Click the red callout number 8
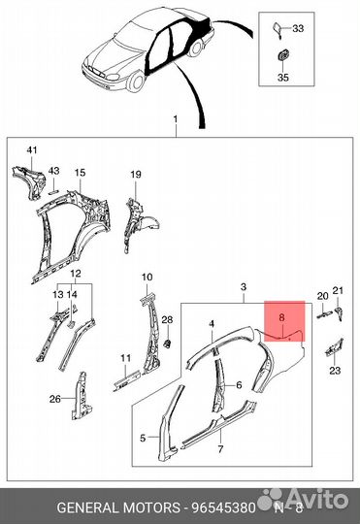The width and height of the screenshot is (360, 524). pyautogui.click(x=281, y=316)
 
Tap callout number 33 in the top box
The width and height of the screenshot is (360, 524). pyautogui.click(x=298, y=28)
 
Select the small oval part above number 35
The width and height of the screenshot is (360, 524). pyautogui.click(x=283, y=56)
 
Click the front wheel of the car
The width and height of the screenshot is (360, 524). pyautogui.click(x=137, y=82)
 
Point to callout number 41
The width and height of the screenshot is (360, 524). pyautogui.click(x=32, y=150)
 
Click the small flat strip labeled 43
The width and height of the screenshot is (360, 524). pyautogui.click(x=54, y=192)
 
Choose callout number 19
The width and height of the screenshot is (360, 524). pyautogui.click(x=136, y=174)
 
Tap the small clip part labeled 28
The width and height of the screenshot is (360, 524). pyautogui.click(x=168, y=343)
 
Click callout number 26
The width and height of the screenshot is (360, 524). pyautogui.click(x=54, y=399)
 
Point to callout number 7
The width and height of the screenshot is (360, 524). pyautogui.click(x=220, y=449)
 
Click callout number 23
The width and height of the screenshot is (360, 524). pyautogui.click(x=335, y=370)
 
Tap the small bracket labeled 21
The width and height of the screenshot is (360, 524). pyautogui.click(x=339, y=312)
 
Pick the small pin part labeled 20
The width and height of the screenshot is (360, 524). pyautogui.click(x=324, y=314)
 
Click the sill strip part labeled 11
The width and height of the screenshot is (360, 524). pyautogui.click(x=127, y=380)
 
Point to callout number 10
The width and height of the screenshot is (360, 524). pyautogui.click(x=147, y=277)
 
